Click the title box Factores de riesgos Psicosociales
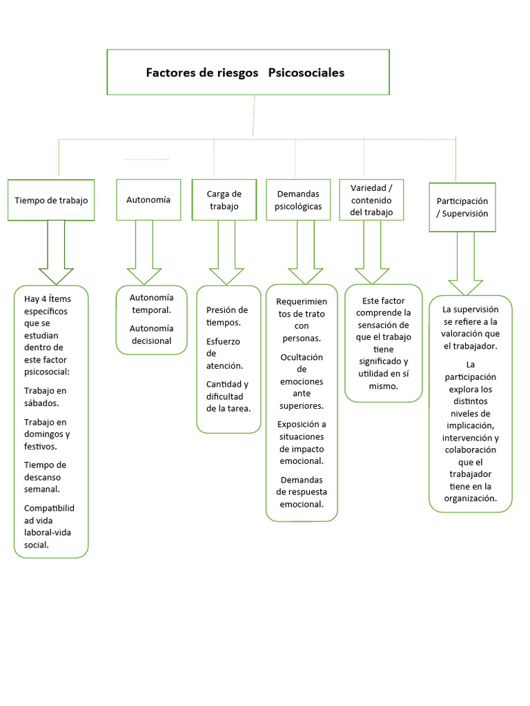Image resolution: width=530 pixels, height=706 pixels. click(x=248, y=72)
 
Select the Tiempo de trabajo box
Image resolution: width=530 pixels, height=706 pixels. click(x=51, y=200)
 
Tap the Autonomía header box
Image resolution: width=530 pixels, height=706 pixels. click(x=148, y=199)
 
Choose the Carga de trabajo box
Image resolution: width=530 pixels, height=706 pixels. click(x=224, y=200)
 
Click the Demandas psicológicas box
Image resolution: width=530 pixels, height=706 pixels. click(x=298, y=200)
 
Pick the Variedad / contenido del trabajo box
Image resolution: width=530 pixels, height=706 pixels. click(x=371, y=200)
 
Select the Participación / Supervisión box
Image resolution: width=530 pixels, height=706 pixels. click(x=462, y=207)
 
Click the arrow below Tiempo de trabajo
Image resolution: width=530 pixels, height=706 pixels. click(x=56, y=252)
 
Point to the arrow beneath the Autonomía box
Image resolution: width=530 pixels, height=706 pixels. click(x=144, y=252)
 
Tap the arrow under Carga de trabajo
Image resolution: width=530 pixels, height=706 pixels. click(x=226, y=252)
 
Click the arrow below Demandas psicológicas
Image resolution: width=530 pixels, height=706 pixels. click(x=306, y=252)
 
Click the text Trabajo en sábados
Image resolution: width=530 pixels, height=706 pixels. click(x=46, y=396)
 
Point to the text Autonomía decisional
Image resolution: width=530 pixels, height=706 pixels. click(x=151, y=334)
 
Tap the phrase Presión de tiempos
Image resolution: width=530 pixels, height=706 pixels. click(x=226, y=316)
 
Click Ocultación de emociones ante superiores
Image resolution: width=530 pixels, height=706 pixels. click(x=302, y=381)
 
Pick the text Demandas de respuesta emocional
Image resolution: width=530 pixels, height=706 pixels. click(x=302, y=492)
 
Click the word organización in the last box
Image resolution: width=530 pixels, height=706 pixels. click(x=470, y=498)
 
